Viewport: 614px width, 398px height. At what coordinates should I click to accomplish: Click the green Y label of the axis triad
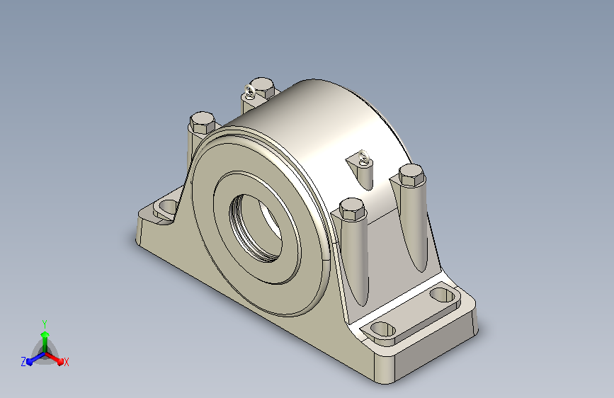point(45,324)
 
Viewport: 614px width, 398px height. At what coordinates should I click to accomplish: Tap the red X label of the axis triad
point(66,362)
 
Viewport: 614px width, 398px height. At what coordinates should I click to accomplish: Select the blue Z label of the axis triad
point(23,362)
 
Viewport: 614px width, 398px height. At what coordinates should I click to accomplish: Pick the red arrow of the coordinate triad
point(54,358)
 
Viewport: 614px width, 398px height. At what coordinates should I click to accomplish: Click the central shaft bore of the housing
point(256,227)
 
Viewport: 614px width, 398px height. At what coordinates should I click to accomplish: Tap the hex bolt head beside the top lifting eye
point(263,87)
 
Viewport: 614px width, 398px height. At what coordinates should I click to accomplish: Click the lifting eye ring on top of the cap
point(249,91)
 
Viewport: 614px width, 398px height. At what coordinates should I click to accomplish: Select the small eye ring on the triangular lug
point(364,157)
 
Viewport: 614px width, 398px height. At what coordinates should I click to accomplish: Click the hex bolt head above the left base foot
point(203,122)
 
